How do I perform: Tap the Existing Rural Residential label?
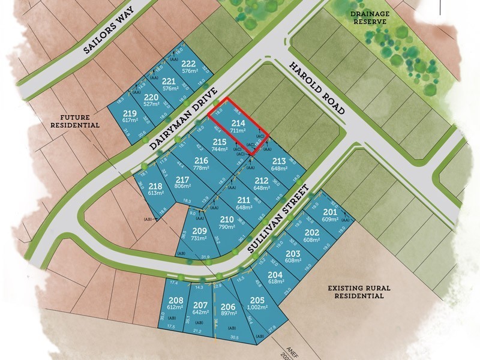tap(359, 292)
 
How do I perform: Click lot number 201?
tap(330, 212)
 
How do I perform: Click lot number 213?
tap(278, 161)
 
